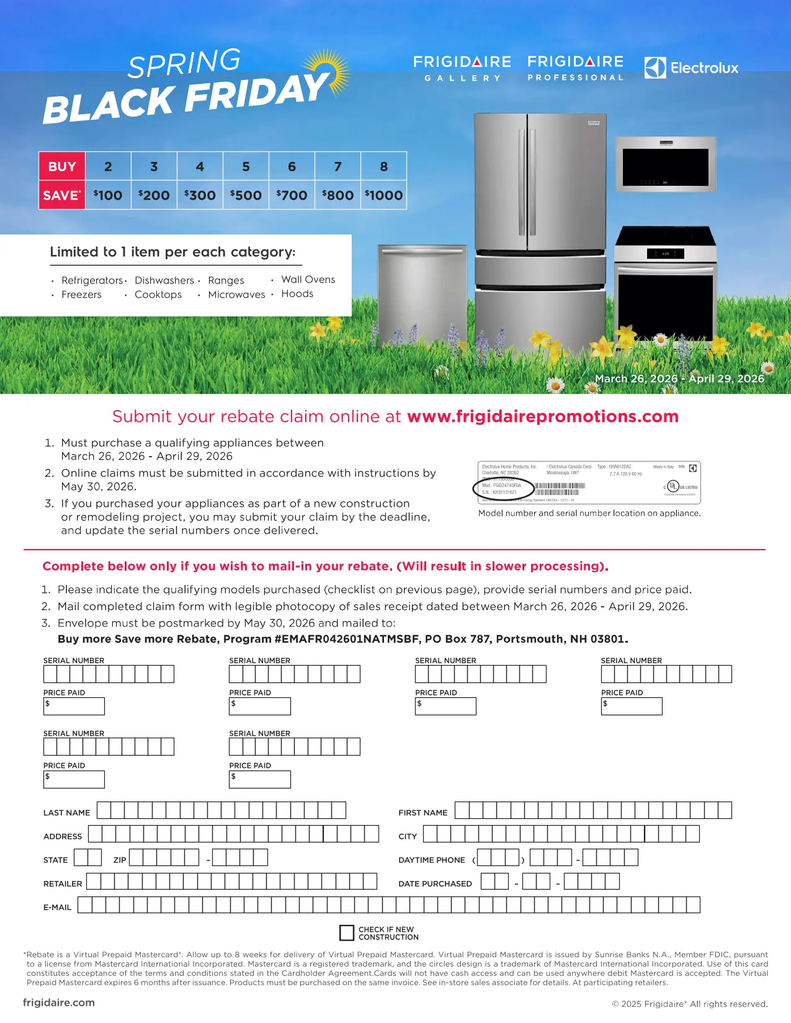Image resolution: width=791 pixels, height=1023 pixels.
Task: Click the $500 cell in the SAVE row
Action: [246, 195]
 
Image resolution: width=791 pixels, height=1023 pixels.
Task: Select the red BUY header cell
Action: [62, 167]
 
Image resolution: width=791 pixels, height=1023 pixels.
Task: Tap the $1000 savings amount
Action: [384, 195]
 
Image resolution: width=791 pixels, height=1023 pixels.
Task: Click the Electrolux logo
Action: [691, 68]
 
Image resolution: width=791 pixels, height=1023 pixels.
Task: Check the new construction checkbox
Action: [347, 933]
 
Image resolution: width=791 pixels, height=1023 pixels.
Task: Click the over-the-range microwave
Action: [666, 164]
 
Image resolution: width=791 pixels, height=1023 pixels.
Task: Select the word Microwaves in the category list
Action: [236, 295]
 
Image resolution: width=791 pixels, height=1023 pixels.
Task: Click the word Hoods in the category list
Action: [297, 294]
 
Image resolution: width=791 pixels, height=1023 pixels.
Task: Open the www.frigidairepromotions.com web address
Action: [543, 416]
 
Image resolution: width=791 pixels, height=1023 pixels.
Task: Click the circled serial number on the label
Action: [503, 489]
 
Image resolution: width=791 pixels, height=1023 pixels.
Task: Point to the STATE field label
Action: [56, 860]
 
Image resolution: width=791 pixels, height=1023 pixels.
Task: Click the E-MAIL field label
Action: [58, 908]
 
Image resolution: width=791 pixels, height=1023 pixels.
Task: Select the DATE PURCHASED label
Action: [435, 884]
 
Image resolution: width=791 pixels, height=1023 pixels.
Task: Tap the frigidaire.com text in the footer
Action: [59, 1003]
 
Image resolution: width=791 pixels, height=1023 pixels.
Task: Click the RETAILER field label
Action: [63, 884]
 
